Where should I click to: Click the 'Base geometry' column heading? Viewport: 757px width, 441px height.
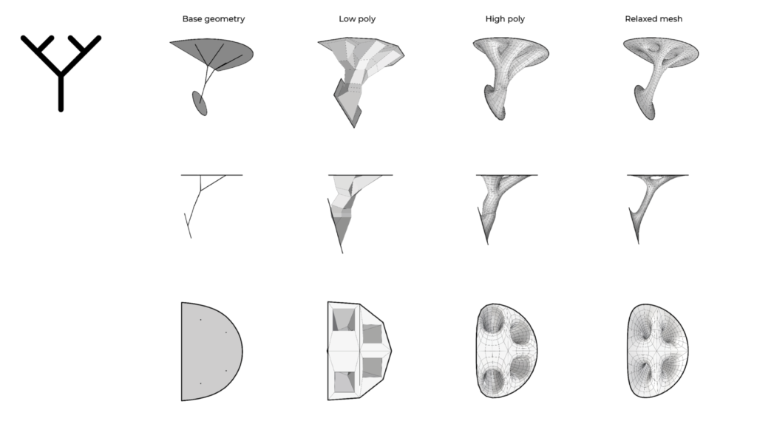pos(214,18)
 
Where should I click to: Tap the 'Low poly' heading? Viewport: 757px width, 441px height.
pos(357,18)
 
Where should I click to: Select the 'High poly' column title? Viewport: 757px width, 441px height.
pos(505,18)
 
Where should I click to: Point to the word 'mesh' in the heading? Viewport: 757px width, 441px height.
pos(672,18)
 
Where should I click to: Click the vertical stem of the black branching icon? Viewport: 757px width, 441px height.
pos(61,92)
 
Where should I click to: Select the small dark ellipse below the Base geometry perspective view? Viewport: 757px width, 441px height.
pos(200,103)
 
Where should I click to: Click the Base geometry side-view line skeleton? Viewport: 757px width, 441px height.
pos(200,202)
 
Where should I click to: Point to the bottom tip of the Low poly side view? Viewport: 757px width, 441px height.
pos(342,253)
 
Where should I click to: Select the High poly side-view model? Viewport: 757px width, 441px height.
pos(502,208)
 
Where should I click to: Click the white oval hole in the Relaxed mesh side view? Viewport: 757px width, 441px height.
pos(656,177)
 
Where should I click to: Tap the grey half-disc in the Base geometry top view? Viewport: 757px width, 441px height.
pos(211,352)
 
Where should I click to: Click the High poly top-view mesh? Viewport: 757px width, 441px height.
pos(506,351)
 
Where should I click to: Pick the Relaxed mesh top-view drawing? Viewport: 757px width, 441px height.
pos(658,351)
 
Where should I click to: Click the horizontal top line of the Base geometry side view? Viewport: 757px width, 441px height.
pos(211,175)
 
